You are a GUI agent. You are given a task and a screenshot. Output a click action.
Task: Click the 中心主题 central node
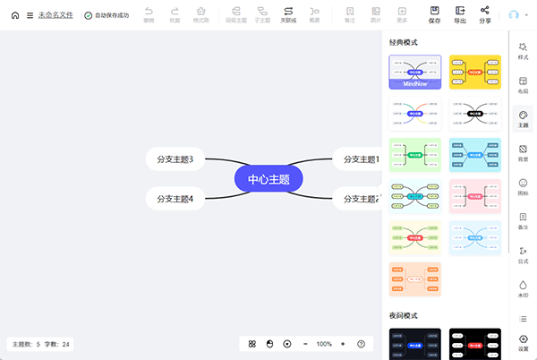click(268, 179)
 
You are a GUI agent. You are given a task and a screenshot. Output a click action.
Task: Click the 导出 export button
click(459, 14)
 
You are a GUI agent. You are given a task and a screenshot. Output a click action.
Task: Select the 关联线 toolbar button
click(288, 14)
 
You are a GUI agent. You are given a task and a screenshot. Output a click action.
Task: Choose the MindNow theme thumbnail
click(414, 72)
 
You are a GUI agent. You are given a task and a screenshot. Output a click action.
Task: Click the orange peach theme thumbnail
click(414, 279)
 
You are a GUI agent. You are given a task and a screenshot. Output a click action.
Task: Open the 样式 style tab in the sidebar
click(523, 50)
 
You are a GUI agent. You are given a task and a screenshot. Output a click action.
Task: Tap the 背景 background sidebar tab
click(523, 153)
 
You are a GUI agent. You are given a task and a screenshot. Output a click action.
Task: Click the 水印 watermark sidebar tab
click(523, 288)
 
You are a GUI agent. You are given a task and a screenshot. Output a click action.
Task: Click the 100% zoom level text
click(324, 344)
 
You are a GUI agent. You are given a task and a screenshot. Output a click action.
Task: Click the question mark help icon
click(361, 344)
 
